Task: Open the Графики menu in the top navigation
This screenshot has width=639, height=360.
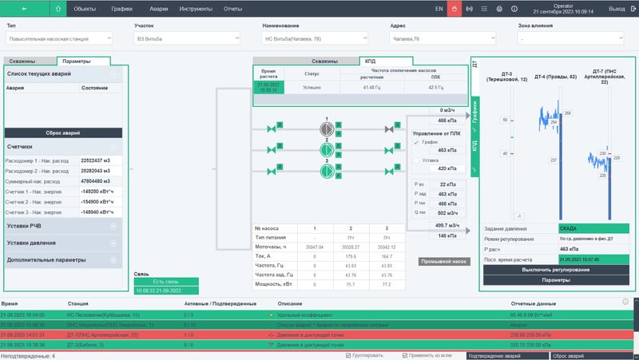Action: [122, 8]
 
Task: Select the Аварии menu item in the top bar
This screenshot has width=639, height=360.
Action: [158, 8]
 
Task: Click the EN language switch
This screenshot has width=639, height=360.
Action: [439, 8]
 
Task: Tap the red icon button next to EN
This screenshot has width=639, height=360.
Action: [454, 8]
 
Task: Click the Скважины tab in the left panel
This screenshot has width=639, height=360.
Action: [30, 61]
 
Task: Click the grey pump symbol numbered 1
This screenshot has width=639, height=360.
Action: [326, 128]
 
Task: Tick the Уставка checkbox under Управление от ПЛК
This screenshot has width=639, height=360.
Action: [415, 160]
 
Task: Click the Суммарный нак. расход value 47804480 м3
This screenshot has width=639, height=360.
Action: [101, 180]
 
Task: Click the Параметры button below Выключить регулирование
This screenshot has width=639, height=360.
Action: [556, 280]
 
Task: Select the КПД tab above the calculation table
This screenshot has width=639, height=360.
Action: [370, 61]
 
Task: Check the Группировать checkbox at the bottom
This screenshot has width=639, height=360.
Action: [349, 355]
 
